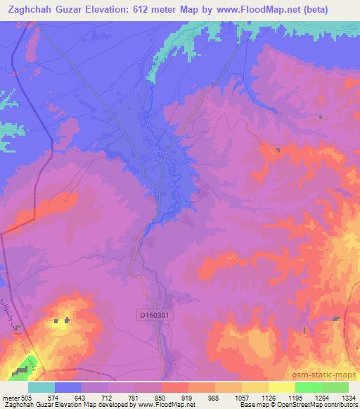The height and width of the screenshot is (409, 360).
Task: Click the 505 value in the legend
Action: click(x=25, y=398)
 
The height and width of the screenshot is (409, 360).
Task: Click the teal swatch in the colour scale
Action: click(x=41, y=387)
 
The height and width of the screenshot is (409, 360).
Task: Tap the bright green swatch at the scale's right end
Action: click(x=335, y=387)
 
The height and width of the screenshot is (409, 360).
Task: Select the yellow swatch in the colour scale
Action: click(x=281, y=387)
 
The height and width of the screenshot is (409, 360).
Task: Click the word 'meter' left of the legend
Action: click(x=9, y=398)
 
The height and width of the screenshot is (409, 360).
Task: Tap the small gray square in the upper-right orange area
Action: click(x=278, y=150)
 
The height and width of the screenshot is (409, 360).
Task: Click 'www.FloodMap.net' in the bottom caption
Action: click(x=165, y=405)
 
